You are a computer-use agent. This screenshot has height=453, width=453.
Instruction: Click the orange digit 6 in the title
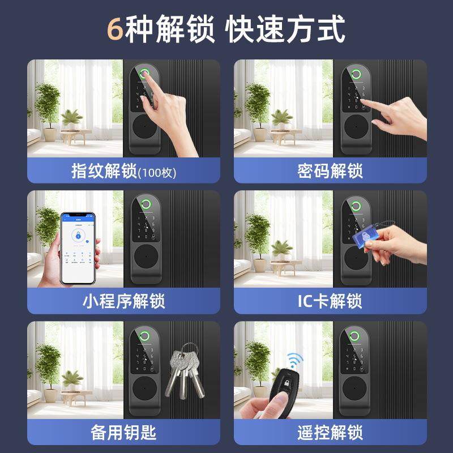point(116,29)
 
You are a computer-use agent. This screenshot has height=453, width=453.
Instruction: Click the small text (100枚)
point(157,172)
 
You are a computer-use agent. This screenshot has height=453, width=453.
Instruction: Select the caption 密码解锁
point(330,170)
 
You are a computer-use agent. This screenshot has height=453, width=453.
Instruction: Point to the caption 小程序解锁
point(123,301)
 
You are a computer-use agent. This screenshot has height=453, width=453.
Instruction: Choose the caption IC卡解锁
point(330,301)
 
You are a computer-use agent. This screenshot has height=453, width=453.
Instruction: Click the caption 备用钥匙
point(123,433)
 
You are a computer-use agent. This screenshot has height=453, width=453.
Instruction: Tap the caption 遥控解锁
point(330,433)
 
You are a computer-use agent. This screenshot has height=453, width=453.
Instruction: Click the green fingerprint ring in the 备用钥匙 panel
point(145,334)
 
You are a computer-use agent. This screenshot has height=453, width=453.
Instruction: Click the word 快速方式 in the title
point(285,29)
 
